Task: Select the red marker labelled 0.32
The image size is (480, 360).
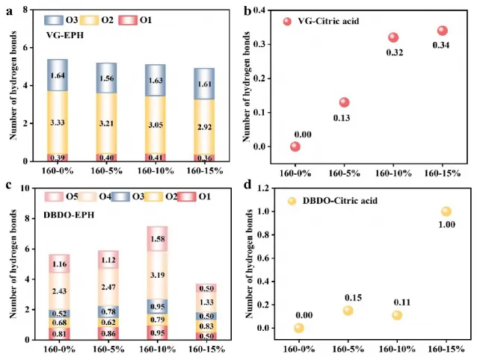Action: pos(393,37)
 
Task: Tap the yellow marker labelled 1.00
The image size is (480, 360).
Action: pos(446,211)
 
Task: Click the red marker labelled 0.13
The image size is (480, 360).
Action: pos(344,102)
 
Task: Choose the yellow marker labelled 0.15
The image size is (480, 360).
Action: pos(347,311)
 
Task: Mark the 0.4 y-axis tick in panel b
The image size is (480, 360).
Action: pos(277,10)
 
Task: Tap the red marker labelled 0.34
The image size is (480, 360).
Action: pos(442,31)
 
